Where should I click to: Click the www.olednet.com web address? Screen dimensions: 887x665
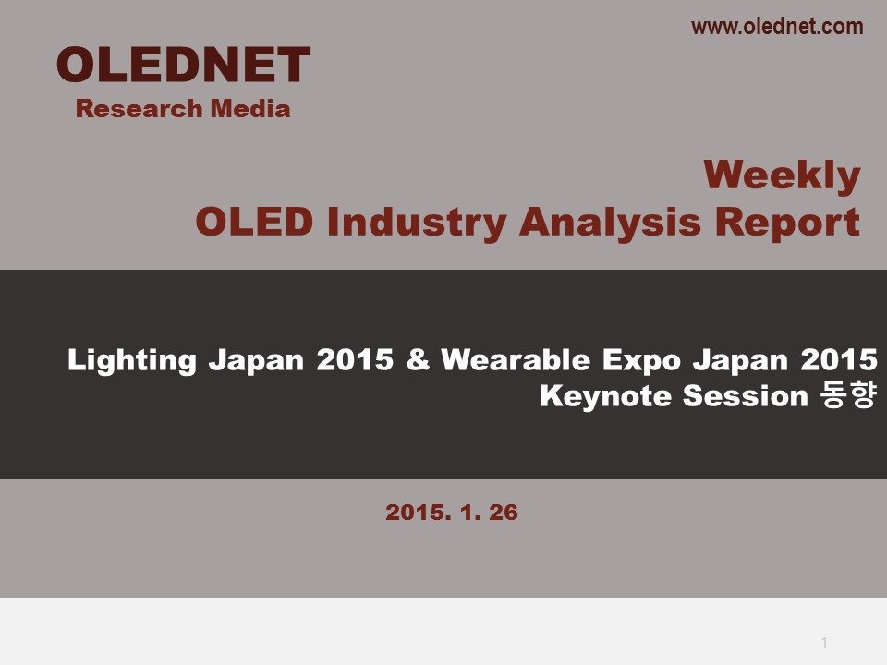[x=777, y=27]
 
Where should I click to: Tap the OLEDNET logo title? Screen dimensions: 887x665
[x=183, y=65]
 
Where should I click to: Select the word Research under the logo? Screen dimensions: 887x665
[x=140, y=109]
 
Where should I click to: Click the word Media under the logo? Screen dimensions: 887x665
[x=250, y=109]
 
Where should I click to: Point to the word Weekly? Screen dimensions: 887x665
[x=782, y=175]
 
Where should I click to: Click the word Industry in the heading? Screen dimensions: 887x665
[x=416, y=222]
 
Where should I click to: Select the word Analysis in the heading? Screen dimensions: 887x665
[x=610, y=222]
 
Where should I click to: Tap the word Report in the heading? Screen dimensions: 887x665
[x=787, y=223]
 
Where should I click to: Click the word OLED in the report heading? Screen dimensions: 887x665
[x=254, y=222]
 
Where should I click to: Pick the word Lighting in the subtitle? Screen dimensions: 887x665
[x=132, y=361]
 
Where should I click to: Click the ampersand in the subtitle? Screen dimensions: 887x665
[x=418, y=359]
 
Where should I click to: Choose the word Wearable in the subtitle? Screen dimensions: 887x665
[x=516, y=359]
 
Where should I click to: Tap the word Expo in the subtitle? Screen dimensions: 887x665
[x=641, y=361]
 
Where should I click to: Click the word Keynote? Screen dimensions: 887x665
[x=604, y=396]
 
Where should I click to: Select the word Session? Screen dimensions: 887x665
[x=745, y=396]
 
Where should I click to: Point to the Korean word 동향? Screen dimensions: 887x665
[x=848, y=395]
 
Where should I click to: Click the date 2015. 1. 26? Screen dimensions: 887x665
[x=452, y=513]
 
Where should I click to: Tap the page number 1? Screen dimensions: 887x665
[x=824, y=643]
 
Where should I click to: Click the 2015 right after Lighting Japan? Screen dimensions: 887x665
[x=355, y=359]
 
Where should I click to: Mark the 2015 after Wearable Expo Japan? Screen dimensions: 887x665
[x=839, y=359]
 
